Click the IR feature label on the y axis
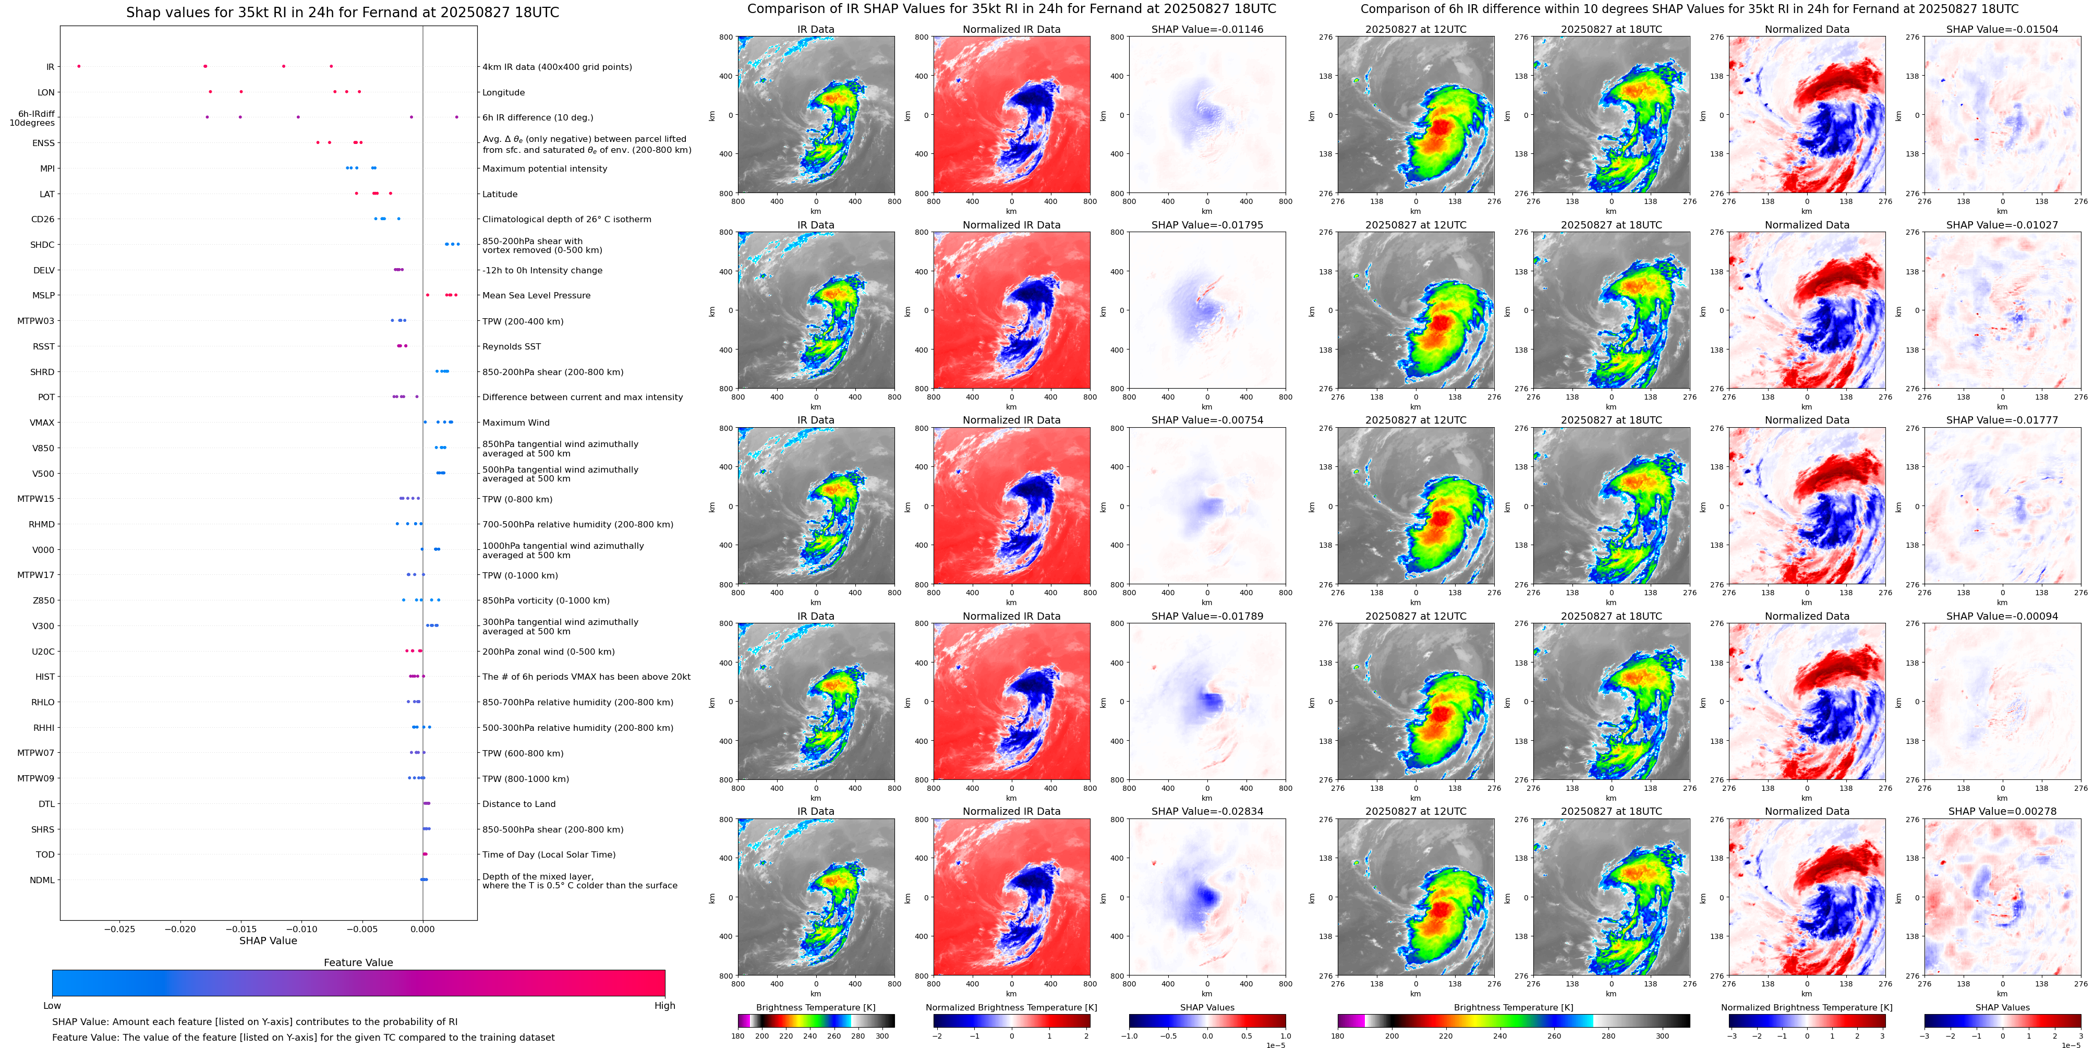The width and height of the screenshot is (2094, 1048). point(50,67)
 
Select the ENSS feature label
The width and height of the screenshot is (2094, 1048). point(43,143)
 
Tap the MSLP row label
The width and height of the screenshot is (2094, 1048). point(43,295)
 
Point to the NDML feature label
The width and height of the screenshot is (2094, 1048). point(42,880)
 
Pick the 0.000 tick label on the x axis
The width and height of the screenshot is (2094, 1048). point(422,929)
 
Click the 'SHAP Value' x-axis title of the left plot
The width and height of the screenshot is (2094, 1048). point(268,941)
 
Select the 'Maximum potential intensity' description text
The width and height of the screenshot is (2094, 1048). point(544,168)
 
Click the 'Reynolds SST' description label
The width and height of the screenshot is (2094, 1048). point(511,346)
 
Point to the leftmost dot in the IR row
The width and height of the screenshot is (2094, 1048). point(79,66)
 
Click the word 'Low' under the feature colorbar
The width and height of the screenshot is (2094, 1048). point(52,1006)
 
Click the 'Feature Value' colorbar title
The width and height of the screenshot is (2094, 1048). point(358,962)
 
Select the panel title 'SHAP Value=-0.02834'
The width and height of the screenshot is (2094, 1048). point(1207,811)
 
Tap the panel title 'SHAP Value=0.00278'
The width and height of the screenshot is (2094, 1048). point(2002,811)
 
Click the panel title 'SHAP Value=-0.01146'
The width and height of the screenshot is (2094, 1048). point(1207,29)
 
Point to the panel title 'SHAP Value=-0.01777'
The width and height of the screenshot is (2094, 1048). point(2002,420)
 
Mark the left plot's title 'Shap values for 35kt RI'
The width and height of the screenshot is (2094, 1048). point(342,12)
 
